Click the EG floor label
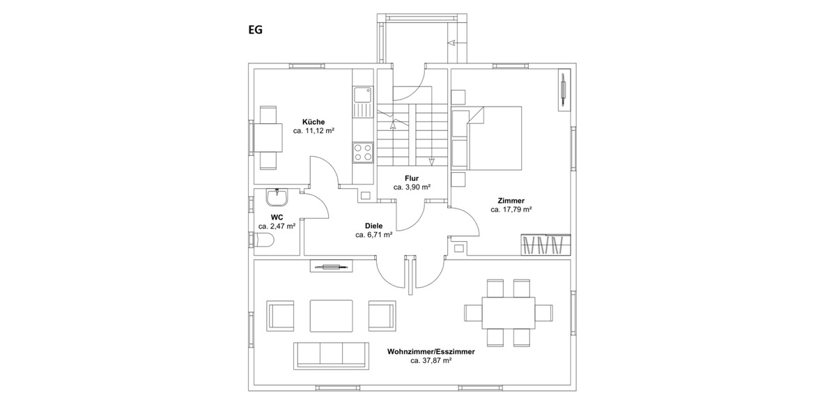point(255,31)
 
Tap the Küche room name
point(313,122)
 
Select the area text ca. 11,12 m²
point(313,131)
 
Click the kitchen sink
point(363,102)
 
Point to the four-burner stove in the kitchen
point(362,151)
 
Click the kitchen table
point(268,137)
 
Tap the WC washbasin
point(277,199)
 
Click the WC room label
point(277,217)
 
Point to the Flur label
point(411,178)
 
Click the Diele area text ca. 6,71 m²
point(373,235)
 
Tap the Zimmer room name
point(511,201)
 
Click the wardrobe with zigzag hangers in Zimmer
point(546,245)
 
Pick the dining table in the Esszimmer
point(509,312)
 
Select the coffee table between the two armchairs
point(331,316)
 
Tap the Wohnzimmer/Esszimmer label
point(431,353)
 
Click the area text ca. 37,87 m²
point(431,362)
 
